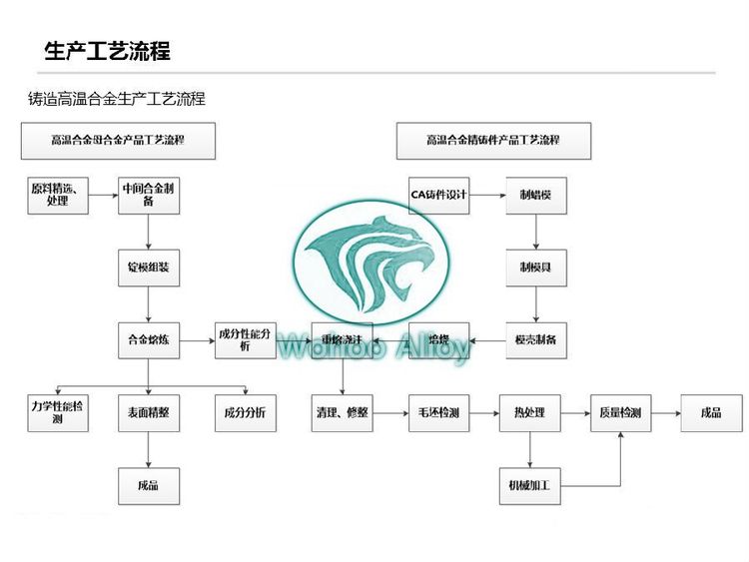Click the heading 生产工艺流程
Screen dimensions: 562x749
[x=107, y=51]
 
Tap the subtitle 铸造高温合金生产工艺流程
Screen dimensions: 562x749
[x=117, y=99]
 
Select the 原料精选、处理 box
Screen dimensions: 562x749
[x=58, y=195]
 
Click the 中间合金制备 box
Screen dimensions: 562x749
[x=149, y=195]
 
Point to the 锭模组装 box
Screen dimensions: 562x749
[x=149, y=268]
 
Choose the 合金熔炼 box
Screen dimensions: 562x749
[x=149, y=341]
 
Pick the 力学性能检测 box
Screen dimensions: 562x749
[x=58, y=413]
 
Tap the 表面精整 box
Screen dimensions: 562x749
[x=149, y=413]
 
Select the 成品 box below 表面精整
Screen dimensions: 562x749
[x=149, y=486]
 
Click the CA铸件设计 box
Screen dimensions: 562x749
[x=439, y=195]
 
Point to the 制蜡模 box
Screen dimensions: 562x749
[x=536, y=195]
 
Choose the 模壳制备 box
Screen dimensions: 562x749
[x=536, y=341]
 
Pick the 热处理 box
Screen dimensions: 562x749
[x=529, y=413]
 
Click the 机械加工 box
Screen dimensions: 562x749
[x=529, y=486]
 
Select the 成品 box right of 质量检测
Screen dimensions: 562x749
[x=711, y=413]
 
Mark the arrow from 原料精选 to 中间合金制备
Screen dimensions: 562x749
[x=103, y=195]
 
